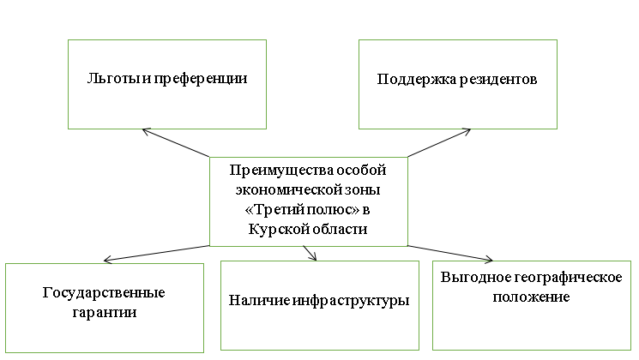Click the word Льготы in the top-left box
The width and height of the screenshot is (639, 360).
[x=107, y=78]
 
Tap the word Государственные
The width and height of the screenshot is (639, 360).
[x=104, y=292]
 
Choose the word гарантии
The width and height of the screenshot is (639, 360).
[x=104, y=312]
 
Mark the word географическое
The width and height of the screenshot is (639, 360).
[x=559, y=278]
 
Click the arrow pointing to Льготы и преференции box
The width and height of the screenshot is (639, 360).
[x=177, y=143]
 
